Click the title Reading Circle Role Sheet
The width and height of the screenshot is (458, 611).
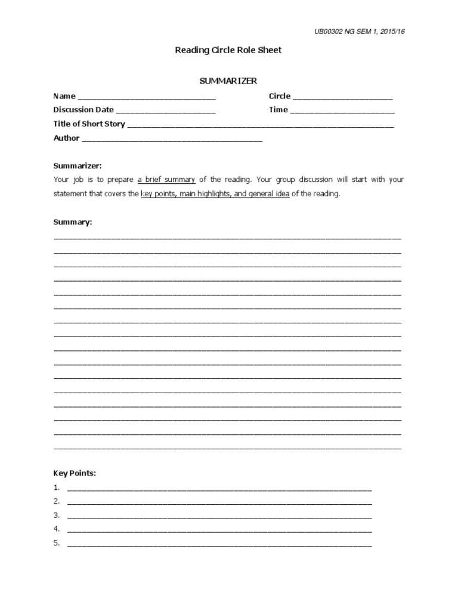click(228, 51)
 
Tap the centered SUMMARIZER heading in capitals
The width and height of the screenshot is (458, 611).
click(228, 81)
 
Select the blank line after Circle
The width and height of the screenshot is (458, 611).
click(342, 97)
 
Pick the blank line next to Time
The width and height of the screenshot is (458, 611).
click(342, 111)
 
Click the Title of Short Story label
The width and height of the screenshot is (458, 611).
click(89, 124)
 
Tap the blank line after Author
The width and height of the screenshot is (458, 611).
click(172, 140)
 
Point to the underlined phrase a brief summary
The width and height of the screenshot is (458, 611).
click(167, 179)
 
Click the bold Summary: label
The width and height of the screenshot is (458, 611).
click(73, 221)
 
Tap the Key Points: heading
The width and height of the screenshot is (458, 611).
click(75, 473)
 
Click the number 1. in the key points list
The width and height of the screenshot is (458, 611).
click(57, 487)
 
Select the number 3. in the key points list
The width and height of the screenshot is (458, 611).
click(57, 515)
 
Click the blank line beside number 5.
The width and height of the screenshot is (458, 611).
click(219, 544)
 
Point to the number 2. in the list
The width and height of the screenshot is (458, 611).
click(57, 501)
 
